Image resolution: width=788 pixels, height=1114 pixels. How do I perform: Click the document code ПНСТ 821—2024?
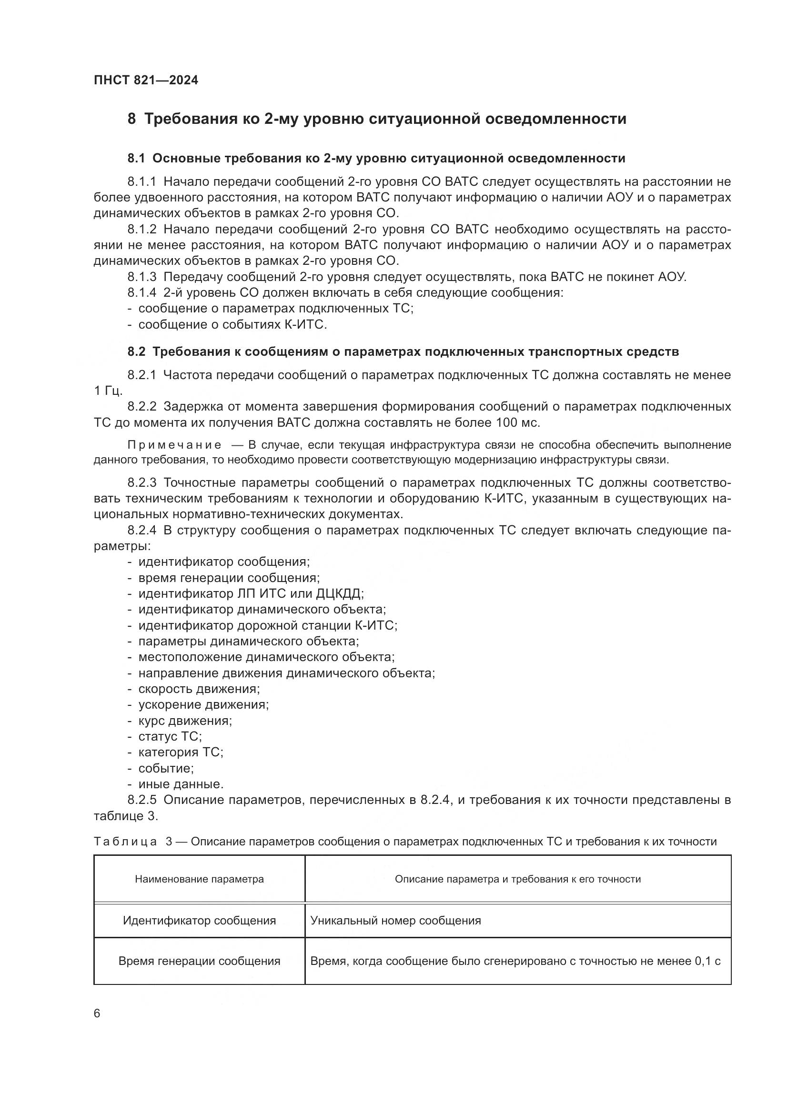(x=146, y=80)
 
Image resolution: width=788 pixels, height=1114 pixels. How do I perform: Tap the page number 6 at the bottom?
(x=97, y=1013)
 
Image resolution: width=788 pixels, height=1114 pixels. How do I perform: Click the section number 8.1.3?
(x=141, y=277)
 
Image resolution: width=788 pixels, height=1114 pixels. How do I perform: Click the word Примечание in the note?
(x=174, y=445)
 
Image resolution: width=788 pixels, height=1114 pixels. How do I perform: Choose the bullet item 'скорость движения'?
(x=199, y=689)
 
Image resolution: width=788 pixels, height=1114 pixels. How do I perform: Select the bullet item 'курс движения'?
(x=185, y=721)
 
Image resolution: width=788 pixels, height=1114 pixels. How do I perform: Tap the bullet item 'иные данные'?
(x=181, y=784)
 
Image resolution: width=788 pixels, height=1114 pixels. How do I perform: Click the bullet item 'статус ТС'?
(x=170, y=736)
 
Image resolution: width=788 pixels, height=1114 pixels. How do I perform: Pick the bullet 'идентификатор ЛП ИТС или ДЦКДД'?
(x=251, y=593)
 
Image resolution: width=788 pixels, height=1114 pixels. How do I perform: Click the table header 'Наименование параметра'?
(x=199, y=879)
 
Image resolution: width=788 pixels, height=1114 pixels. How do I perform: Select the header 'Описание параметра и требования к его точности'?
(x=517, y=879)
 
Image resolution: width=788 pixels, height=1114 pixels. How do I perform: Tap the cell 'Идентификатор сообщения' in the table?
(x=199, y=921)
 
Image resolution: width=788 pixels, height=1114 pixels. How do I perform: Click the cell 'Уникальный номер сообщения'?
(x=395, y=921)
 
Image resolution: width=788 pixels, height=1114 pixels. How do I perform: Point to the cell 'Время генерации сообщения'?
(x=199, y=961)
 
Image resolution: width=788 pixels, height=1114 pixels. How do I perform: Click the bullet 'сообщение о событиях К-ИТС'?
(x=232, y=325)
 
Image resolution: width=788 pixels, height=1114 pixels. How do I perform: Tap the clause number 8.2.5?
(x=141, y=800)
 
